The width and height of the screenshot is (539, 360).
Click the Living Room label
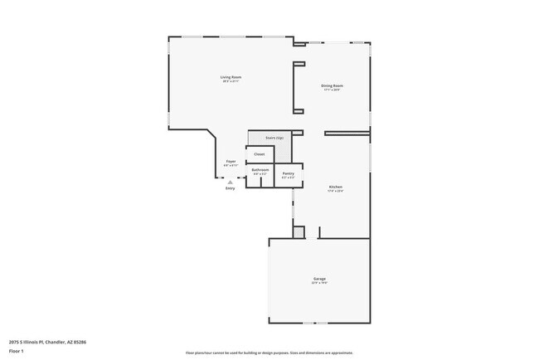(x=231, y=77)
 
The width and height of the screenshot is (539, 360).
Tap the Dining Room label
(x=332, y=85)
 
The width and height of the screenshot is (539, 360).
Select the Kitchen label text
(x=336, y=187)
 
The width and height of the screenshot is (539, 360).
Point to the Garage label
(x=319, y=279)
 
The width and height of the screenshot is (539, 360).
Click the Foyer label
(x=231, y=161)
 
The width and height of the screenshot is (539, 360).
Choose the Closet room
(x=260, y=154)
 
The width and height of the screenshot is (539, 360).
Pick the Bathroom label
(x=260, y=170)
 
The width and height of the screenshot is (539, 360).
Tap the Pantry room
(x=289, y=173)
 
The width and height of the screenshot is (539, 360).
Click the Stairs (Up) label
(x=274, y=138)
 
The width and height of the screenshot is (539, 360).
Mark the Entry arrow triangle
(x=231, y=182)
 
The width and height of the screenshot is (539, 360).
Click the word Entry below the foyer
(x=231, y=188)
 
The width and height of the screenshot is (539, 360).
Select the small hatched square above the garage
(x=299, y=232)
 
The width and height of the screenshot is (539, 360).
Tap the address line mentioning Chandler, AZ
(x=48, y=341)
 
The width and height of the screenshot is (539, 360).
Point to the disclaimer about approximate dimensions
(x=269, y=352)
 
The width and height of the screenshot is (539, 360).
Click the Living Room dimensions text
(x=231, y=81)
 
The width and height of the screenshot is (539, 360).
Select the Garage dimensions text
(x=319, y=283)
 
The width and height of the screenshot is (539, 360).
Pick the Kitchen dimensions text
(x=336, y=192)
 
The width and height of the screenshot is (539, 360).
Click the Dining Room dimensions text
(x=332, y=90)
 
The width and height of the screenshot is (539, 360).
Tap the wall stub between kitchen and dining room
(x=347, y=133)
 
